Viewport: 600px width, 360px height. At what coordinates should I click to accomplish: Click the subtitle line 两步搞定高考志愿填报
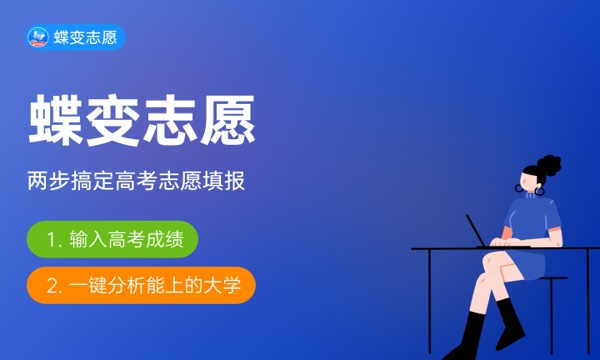[x=137, y=183]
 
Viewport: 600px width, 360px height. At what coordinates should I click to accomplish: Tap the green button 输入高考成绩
[x=113, y=239]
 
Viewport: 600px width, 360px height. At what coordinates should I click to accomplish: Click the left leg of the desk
[x=430, y=305]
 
